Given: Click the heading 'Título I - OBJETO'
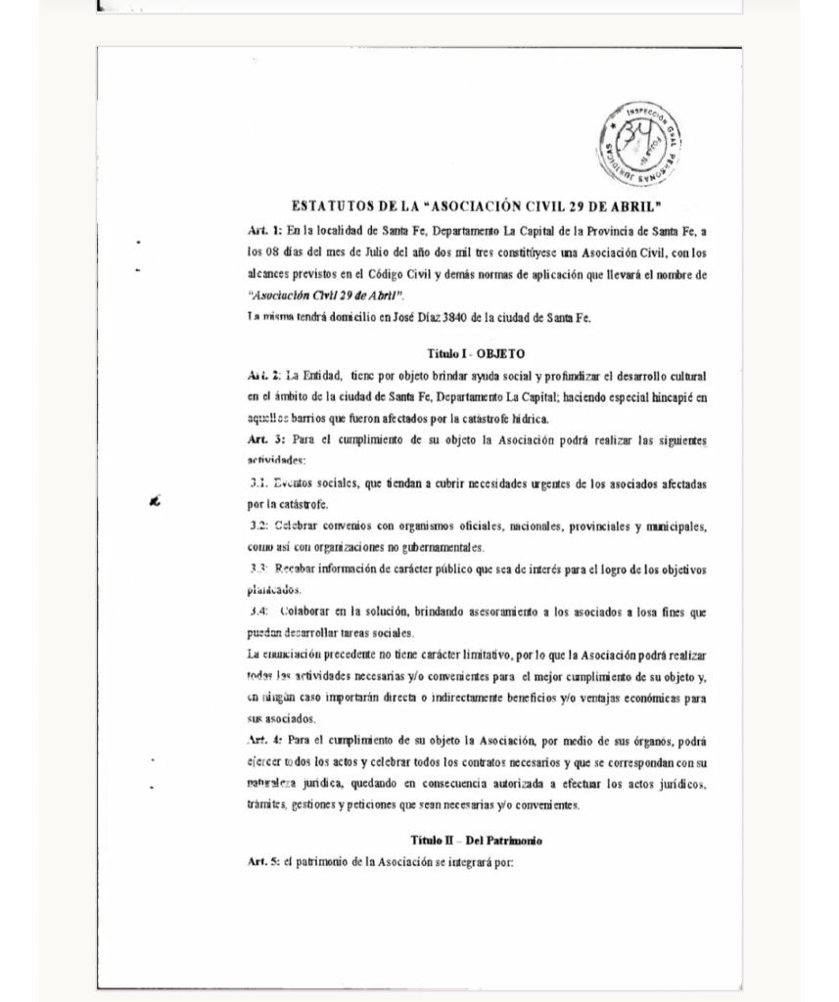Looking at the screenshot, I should (476, 353).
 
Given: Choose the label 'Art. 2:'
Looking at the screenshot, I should (264, 376).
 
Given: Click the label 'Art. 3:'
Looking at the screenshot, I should (264, 440).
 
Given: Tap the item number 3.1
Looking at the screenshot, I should (258, 483).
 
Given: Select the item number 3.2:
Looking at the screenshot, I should (259, 526).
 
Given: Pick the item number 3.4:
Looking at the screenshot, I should (259, 612).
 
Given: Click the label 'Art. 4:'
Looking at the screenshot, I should (264, 740).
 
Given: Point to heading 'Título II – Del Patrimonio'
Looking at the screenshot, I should (476, 841).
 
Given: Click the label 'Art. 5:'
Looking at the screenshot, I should (264, 862).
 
